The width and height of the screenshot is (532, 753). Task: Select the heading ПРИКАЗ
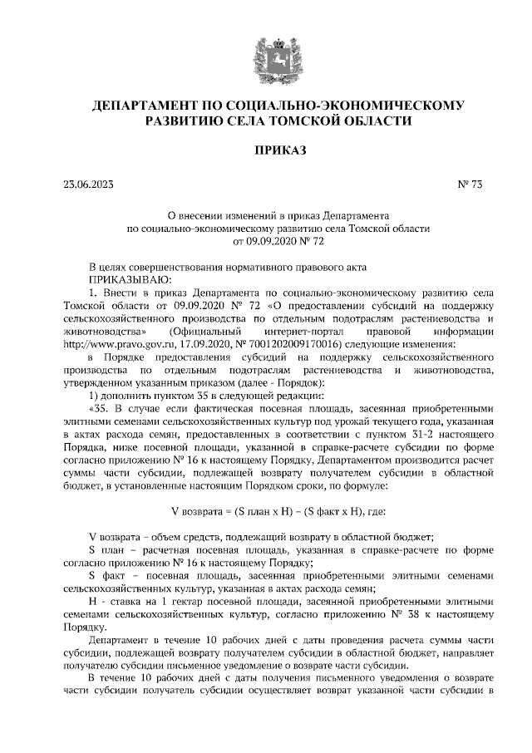click(266, 150)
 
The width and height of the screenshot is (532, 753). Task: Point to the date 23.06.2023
click(87, 184)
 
